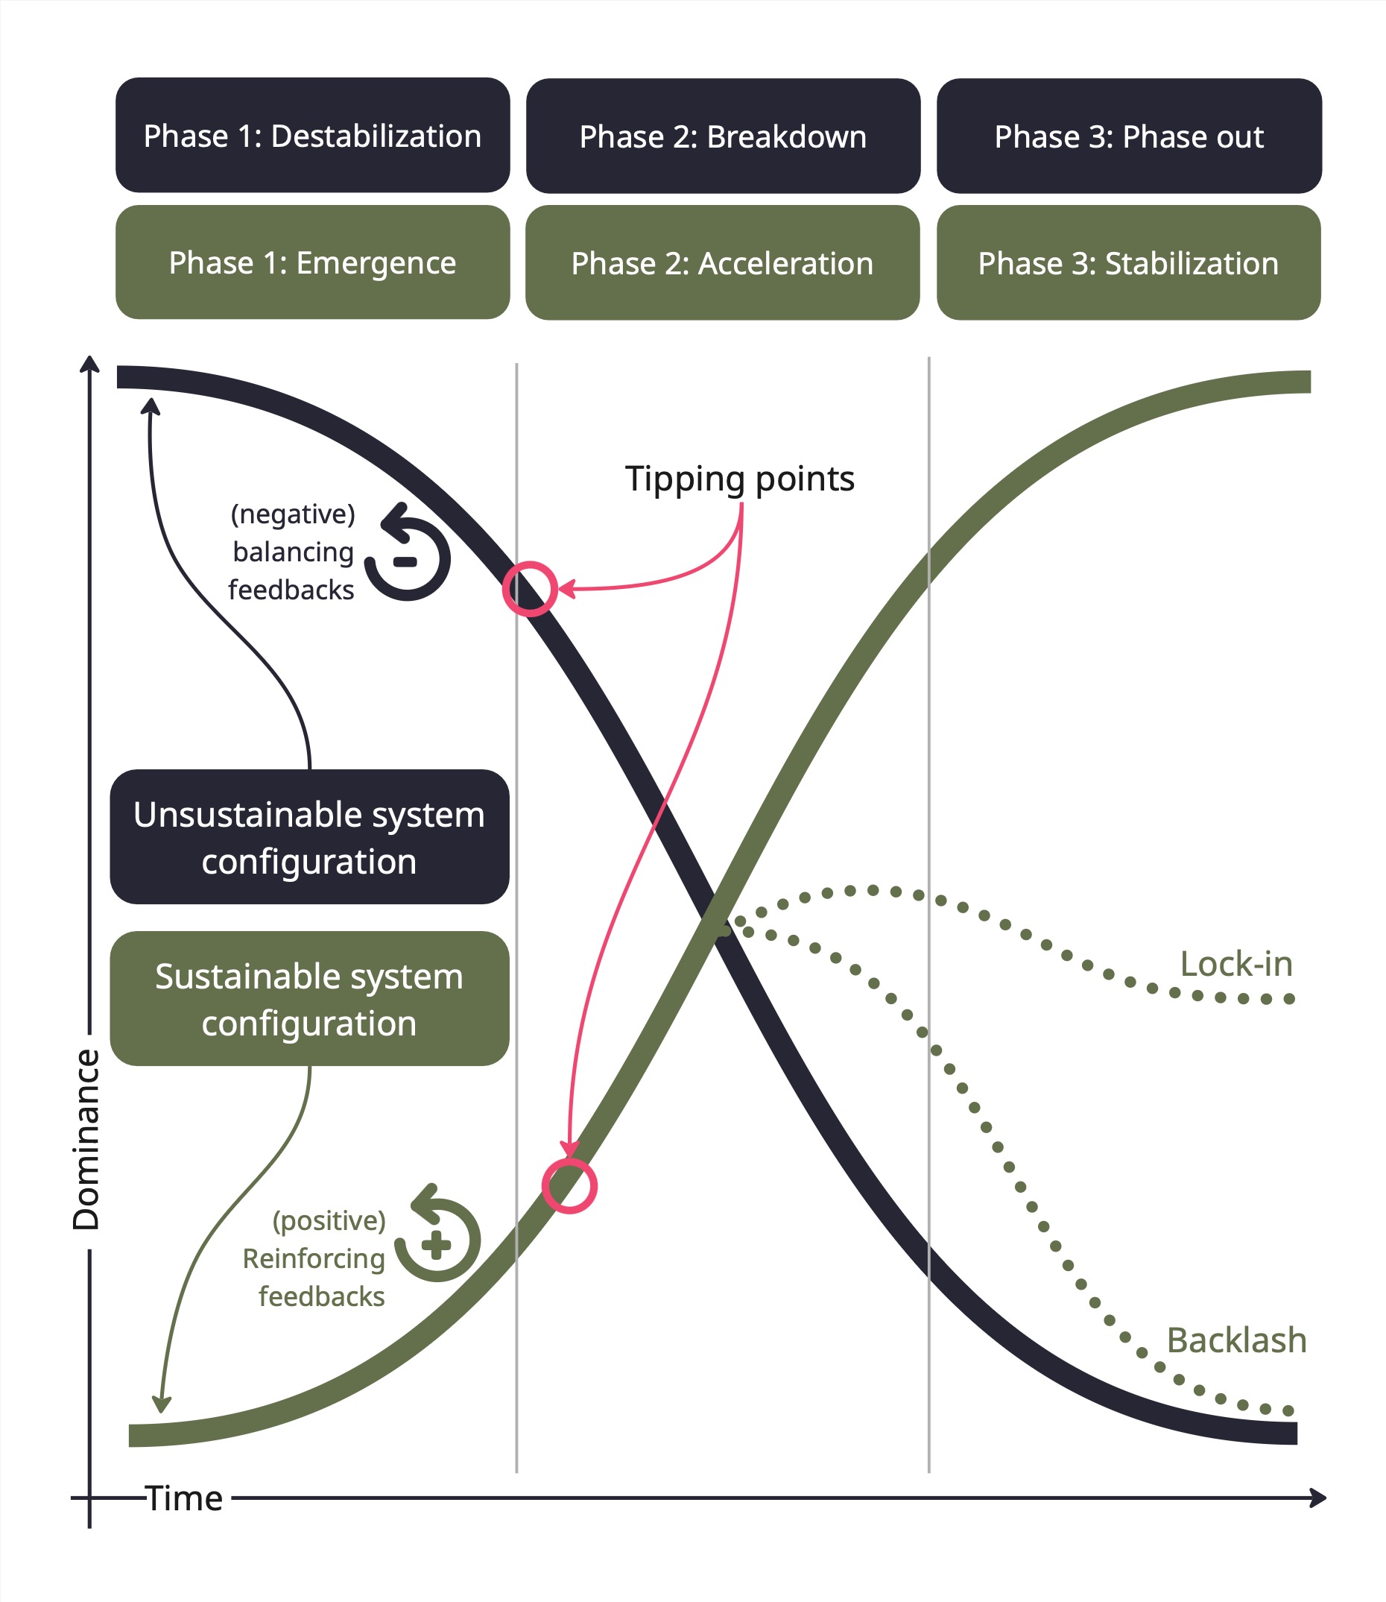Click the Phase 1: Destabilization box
point(312,136)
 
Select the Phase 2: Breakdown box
point(722,136)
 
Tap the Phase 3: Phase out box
point(1128,136)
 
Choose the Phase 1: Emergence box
point(312,262)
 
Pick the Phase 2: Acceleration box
point(722,263)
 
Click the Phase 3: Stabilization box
point(1127,263)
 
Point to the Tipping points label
point(739,479)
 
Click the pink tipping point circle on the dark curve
point(530,589)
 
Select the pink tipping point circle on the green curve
point(569,1186)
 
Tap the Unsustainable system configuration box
point(309,837)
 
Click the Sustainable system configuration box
point(309,999)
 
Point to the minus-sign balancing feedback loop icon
point(408,554)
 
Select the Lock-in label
point(1236,964)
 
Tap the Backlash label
point(1236,1340)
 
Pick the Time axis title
point(184,1498)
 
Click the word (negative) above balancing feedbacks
point(293,514)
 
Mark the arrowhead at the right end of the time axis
point(1320,1498)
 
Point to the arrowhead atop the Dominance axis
point(89,364)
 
